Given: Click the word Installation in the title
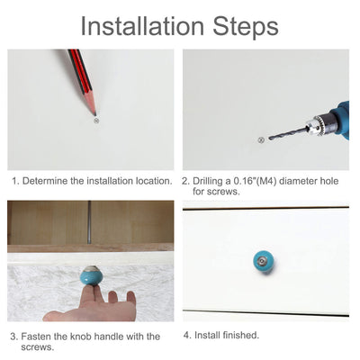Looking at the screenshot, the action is pos(142,26).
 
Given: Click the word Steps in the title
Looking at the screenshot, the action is pos(246,28).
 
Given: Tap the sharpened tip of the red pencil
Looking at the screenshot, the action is pos(95,114).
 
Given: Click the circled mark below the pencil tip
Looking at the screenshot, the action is pos(96,121).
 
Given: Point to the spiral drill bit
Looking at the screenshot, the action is pos(289,133).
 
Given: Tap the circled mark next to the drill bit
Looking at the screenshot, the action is pos(261,139).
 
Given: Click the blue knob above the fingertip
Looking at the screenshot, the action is pos(92,275).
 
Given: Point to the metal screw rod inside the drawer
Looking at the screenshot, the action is pos(89,222).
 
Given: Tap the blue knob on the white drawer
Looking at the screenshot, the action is pos(264,262).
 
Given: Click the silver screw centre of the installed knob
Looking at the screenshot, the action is pos(263,261).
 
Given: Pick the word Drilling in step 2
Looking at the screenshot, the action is pos(208,181).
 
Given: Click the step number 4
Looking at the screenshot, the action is pos(187,335).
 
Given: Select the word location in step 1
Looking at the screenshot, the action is pos(154,181).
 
